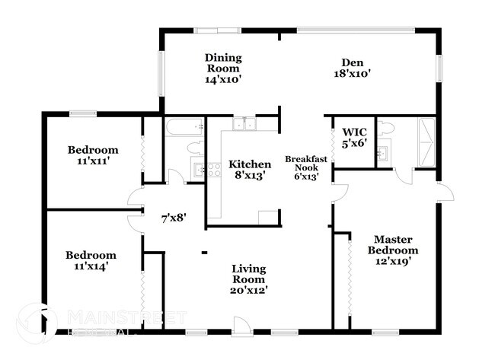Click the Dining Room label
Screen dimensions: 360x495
223,68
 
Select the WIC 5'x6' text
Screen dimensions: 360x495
355,136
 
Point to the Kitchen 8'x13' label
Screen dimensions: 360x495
250,170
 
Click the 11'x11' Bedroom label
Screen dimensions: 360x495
92,155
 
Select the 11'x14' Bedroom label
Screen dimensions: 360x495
91,260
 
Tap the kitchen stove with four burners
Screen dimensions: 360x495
202,171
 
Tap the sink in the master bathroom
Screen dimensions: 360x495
384,155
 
